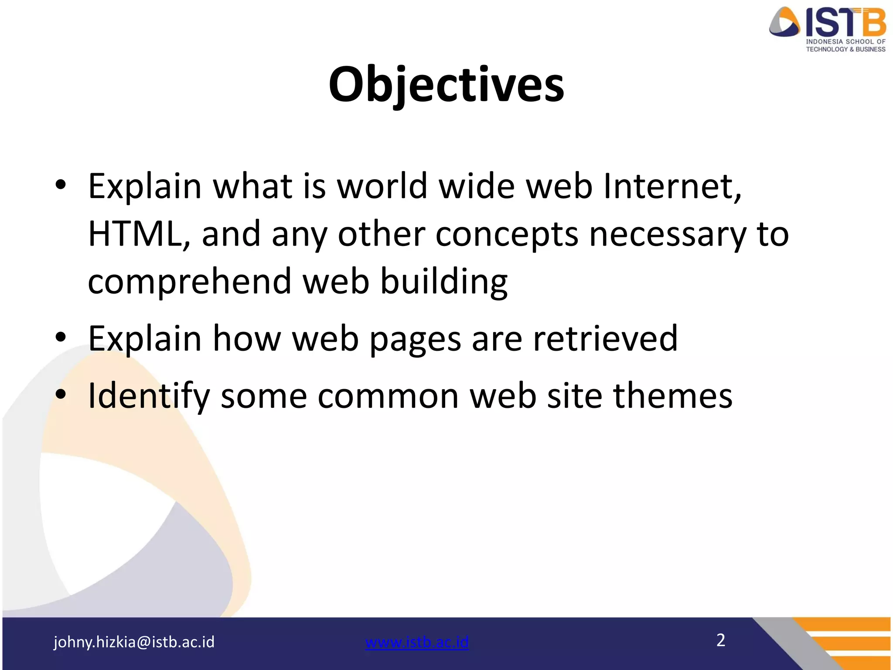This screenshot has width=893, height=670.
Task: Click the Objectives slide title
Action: pos(446,85)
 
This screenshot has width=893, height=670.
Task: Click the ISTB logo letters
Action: pos(845,23)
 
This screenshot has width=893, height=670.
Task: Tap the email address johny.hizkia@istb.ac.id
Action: pos(134,642)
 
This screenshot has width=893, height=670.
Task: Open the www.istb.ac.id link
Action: pos(417,642)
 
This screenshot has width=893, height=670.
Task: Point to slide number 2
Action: pos(721,640)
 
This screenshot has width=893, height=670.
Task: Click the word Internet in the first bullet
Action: pos(672,187)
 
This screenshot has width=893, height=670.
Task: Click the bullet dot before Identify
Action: pos(61,394)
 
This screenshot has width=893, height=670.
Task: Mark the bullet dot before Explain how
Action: pos(61,337)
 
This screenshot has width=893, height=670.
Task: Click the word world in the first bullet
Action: pos(382,186)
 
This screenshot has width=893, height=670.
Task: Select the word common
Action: pos(388,396)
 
